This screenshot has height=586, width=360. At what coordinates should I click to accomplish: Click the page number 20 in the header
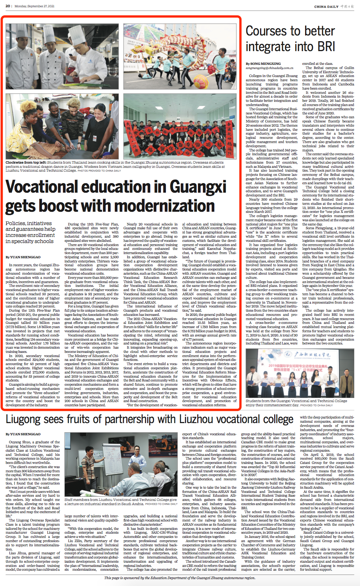coord(8,6)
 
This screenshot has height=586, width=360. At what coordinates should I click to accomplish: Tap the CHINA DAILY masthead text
coord(326,6)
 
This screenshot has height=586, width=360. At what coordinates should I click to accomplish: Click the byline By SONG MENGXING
coord(263,64)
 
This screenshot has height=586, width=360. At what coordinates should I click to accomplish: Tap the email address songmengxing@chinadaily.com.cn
coord(269,68)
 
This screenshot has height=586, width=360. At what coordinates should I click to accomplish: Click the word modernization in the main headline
coord(160,206)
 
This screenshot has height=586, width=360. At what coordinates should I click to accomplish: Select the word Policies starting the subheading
coord(17,223)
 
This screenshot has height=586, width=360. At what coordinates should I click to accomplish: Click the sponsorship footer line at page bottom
coord(180,578)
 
